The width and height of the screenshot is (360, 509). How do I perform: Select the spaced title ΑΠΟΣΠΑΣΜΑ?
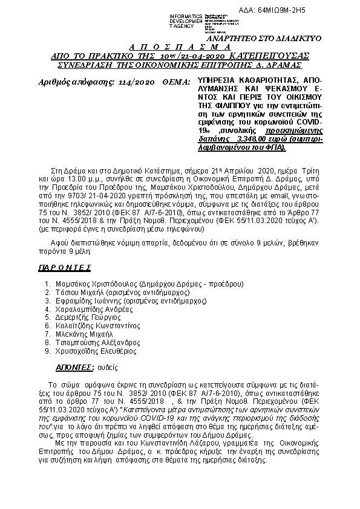180,47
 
